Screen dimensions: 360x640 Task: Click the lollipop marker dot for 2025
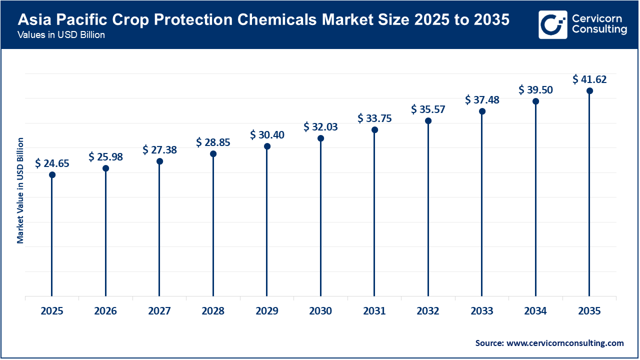52,174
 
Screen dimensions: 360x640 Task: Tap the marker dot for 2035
589,90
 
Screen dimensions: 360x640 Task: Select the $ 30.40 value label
267,134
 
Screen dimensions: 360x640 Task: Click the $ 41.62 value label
589,79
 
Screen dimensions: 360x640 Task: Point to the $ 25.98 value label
105,156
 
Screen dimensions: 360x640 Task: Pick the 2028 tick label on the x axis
213,311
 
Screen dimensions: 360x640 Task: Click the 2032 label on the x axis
428,311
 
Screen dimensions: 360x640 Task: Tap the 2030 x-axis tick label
320,311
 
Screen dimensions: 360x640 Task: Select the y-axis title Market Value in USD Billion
20,190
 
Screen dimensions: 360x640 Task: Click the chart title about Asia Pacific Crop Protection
263,20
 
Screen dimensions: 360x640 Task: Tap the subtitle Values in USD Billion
61,35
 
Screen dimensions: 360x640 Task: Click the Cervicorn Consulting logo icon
552,24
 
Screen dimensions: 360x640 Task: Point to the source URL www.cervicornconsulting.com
565,343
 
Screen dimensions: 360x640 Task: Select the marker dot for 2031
374,129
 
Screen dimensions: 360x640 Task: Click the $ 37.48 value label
482,99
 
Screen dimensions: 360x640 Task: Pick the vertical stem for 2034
535,200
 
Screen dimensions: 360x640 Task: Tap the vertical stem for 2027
159,230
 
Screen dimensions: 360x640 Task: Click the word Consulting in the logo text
599,29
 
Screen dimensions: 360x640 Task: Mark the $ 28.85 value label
213,142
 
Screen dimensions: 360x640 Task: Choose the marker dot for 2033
482,111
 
